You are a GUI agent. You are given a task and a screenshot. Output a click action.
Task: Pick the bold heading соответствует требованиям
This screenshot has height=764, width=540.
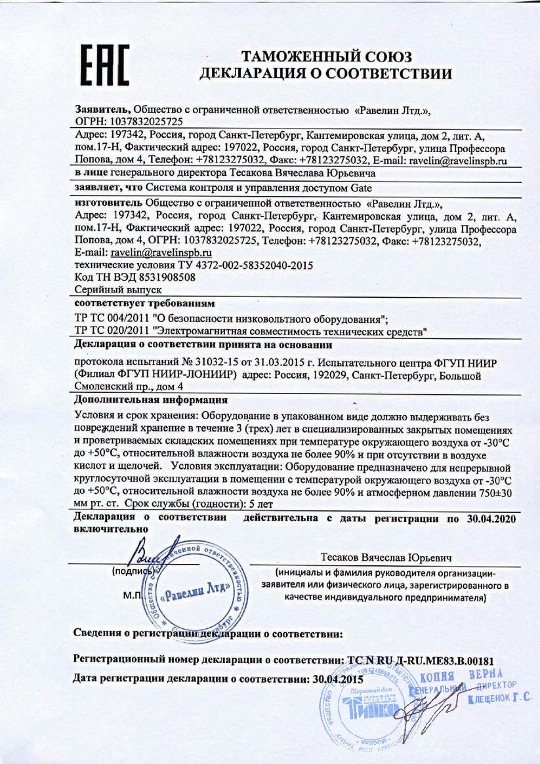tap(145, 304)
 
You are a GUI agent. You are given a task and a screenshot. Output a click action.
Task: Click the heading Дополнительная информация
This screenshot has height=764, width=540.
tap(152, 399)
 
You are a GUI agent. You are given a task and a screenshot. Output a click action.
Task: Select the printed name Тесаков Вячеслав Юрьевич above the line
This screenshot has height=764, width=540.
tap(387, 557)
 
